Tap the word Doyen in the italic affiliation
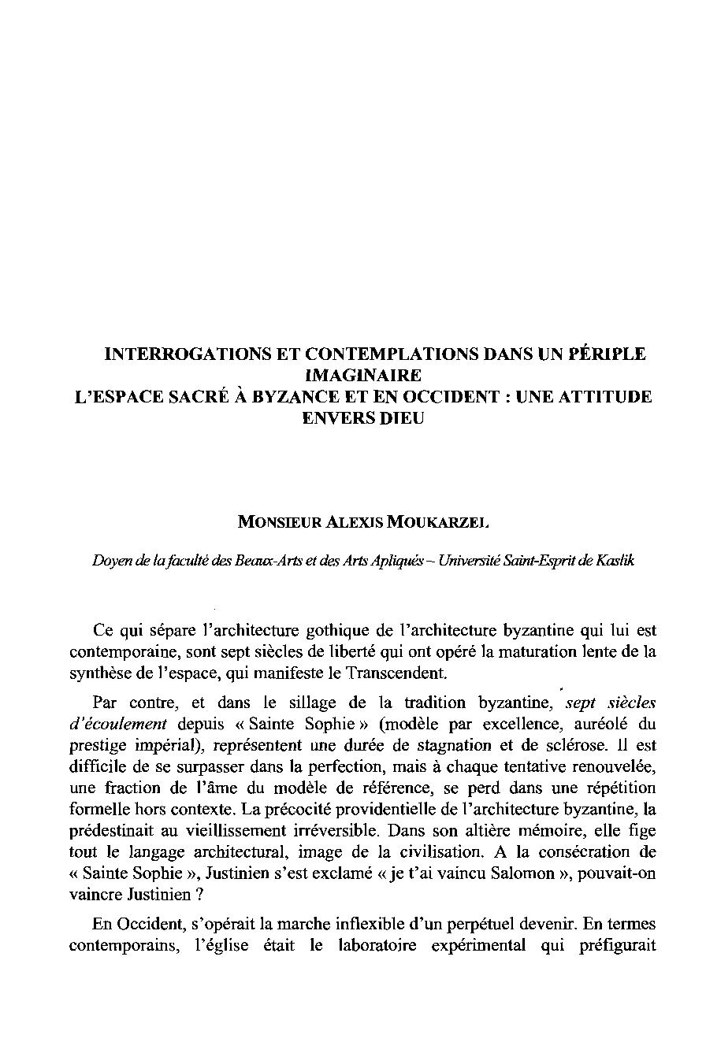(107, 561)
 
